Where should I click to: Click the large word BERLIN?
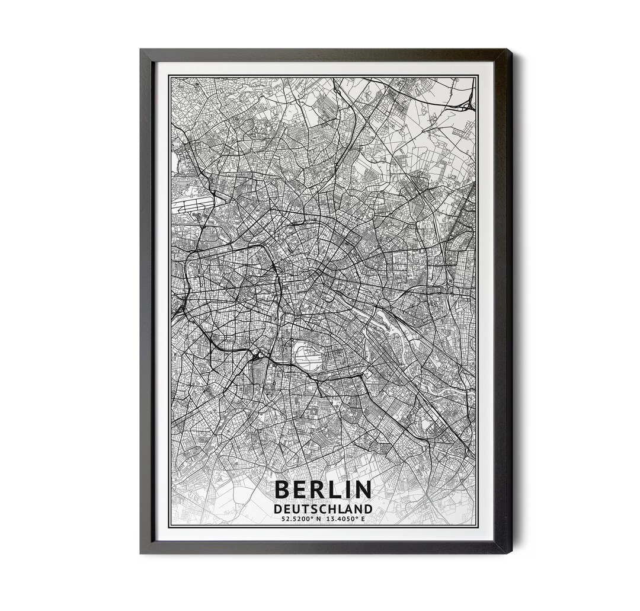click(323, 490)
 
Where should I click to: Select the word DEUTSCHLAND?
click(323, 509)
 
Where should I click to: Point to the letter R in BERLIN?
click(323, 490)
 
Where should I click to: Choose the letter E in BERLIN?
click(303, 490)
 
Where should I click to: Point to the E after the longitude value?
click(363, 519)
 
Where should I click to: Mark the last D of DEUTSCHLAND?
click(369, 509)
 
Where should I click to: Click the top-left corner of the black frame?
click(141, 50)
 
